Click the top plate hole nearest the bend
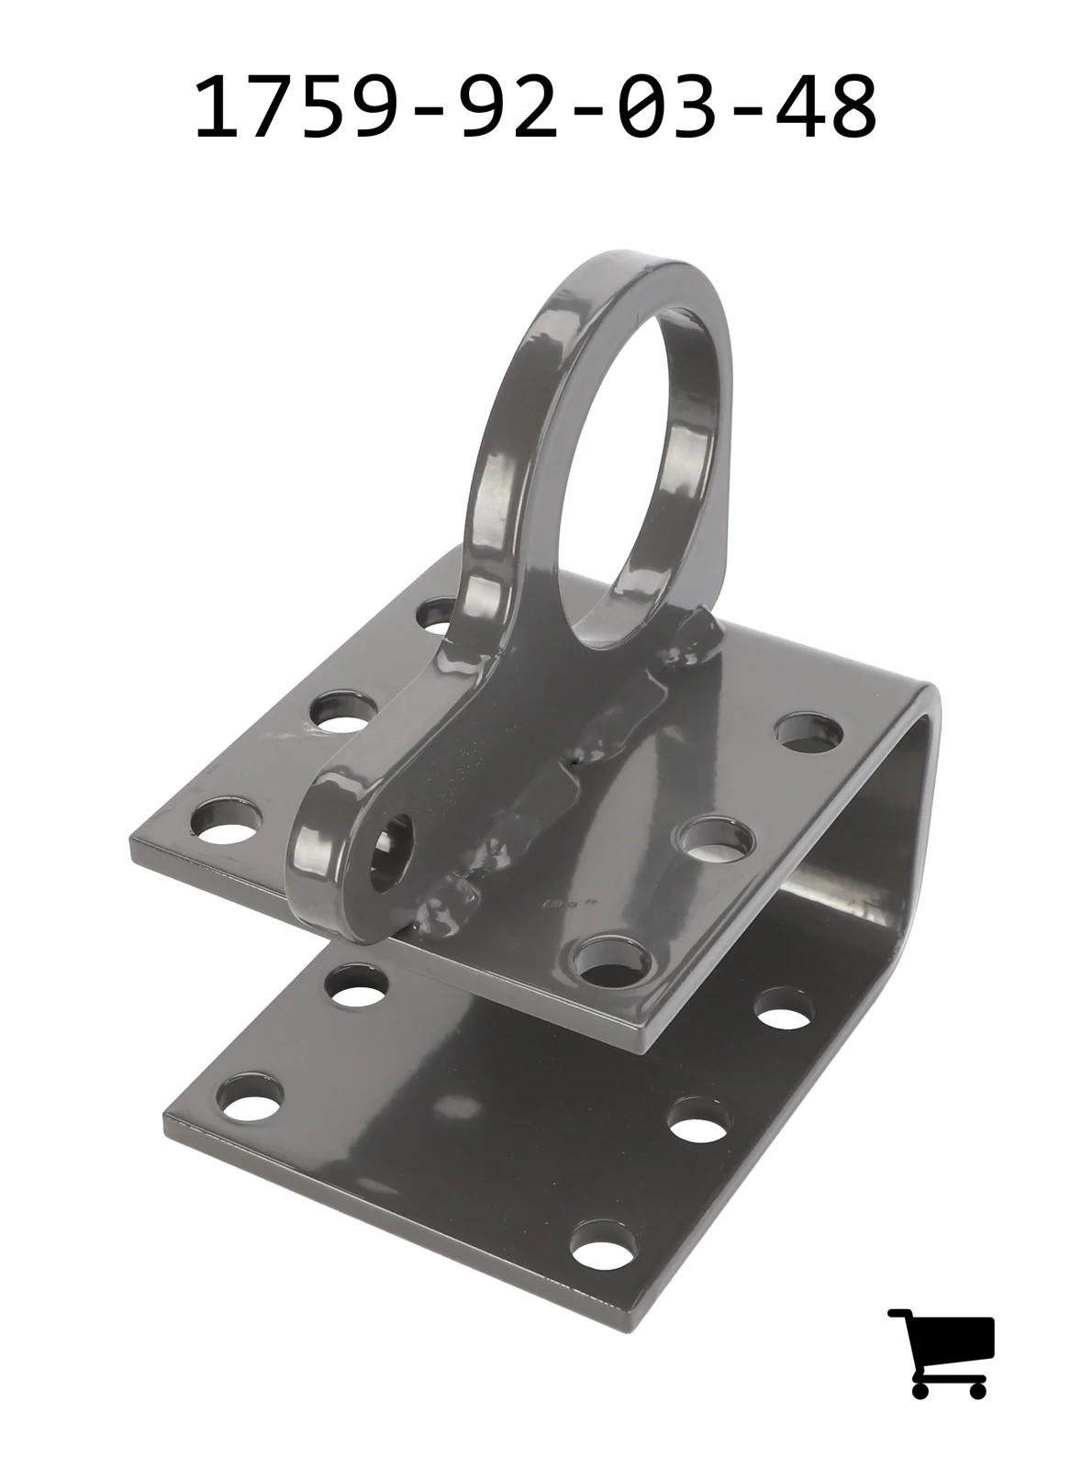[809, 733]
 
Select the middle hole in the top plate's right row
[717, 839]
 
